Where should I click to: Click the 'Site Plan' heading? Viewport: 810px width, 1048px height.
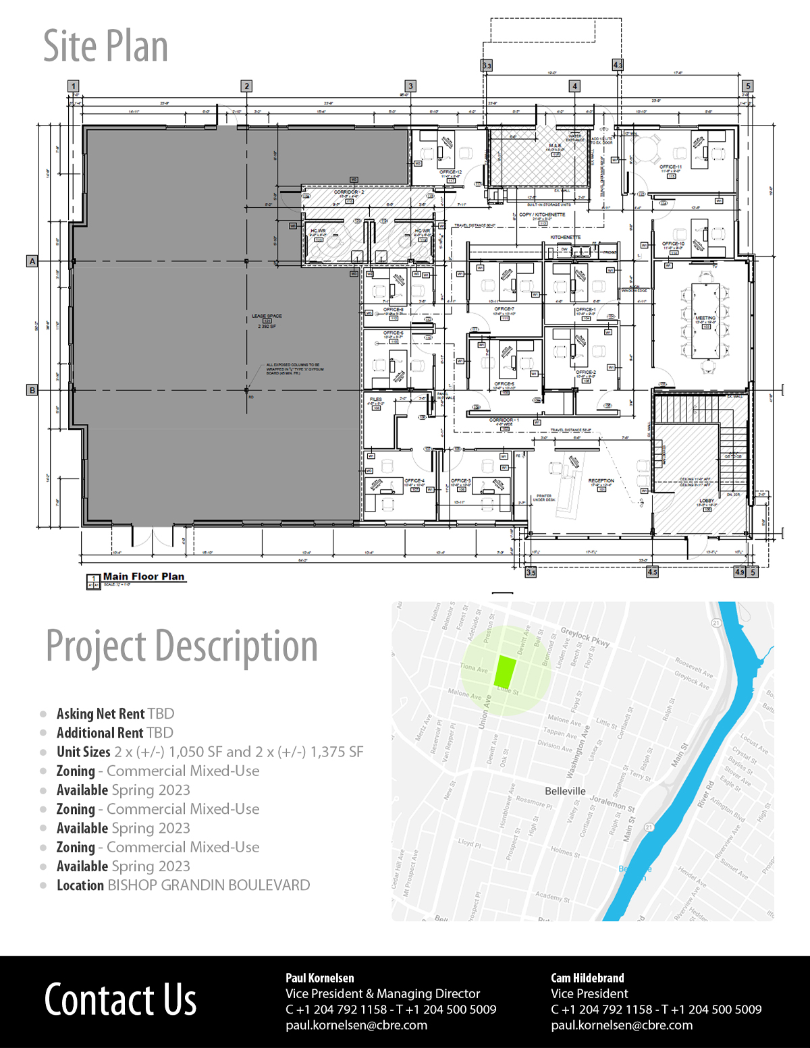[105, 46]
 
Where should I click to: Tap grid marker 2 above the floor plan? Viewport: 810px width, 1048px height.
[246, 86]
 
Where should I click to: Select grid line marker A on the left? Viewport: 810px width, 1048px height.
[32, 261]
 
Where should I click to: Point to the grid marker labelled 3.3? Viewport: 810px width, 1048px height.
[487, 65]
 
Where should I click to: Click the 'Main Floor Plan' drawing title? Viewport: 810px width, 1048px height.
[143, 576]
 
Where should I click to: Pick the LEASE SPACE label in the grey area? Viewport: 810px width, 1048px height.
[267, 316]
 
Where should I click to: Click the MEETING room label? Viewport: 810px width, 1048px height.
[705, 318]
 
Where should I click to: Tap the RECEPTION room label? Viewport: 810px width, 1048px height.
[601, 481]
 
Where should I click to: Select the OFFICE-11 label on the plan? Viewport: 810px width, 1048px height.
[671, 167]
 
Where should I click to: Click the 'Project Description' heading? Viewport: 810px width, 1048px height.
[182, 646]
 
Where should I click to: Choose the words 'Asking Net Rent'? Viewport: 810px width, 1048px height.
[101, 714]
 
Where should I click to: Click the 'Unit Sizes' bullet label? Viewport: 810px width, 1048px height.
[84, 752]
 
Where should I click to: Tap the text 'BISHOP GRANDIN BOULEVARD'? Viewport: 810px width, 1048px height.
[209, 885]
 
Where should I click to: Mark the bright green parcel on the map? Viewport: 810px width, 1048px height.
[505, 671]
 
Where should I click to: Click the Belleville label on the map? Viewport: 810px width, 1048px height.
[565, 791]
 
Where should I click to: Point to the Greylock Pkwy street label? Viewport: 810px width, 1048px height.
[585, 638]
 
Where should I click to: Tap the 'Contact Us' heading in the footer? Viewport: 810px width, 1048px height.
[120, 999]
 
